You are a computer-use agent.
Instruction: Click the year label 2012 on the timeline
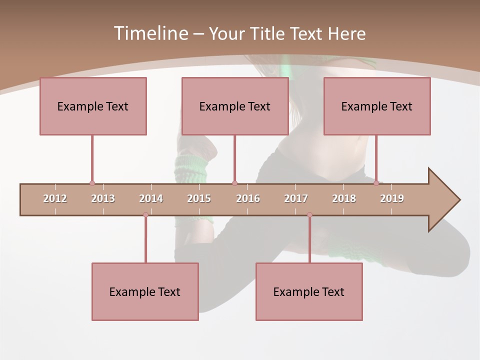(x=55, y=198)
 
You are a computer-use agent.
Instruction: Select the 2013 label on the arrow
(x=103, y=198)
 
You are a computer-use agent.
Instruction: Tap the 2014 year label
(x=151, y=198)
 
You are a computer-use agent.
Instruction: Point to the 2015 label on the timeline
(x=199, y=198)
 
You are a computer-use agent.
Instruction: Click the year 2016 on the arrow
(x=248, y=198)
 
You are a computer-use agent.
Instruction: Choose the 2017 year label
(x=296, y=198)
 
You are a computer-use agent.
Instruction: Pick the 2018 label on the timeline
(x=344, y=198)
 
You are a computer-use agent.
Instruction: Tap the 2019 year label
(x=392, y=198)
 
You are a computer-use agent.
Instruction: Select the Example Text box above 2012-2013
(x=93, y=106)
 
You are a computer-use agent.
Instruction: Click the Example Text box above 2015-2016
(x=235, y=106)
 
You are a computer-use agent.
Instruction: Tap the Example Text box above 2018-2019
(x=377, y=106)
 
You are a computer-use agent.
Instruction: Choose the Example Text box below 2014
(x=145, y=291)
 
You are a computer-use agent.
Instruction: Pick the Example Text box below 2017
(x=309, y=291)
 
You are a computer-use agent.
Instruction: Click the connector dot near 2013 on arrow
(x=92, y=183)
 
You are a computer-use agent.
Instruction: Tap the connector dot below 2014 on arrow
(x=145, y=214)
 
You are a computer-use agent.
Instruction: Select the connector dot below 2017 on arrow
(x=309, y=214)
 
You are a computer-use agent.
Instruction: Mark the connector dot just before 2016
(x=234, y=183)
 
